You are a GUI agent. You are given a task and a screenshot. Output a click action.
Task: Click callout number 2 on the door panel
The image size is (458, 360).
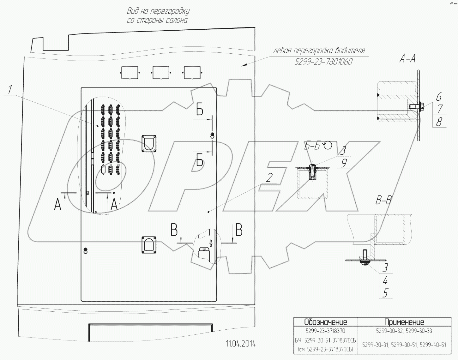269,178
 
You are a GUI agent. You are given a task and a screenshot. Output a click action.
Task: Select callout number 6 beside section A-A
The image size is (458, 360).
439,97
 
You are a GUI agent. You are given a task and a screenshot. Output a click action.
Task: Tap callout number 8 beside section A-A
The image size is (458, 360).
439,122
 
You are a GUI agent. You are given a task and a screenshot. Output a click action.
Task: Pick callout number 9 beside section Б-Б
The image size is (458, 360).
344,163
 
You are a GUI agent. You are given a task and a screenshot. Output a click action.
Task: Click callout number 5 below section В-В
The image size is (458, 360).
385,293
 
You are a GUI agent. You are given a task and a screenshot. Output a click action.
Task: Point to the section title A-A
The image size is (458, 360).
407,58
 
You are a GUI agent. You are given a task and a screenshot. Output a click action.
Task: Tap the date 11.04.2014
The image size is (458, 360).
240,344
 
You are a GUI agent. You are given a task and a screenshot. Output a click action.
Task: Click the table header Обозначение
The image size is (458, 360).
325,322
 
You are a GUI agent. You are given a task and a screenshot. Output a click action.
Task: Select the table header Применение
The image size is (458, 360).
404,322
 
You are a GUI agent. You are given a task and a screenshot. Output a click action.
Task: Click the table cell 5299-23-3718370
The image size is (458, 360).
325,331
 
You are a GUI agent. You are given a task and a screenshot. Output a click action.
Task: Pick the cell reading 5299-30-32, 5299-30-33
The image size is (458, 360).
404,331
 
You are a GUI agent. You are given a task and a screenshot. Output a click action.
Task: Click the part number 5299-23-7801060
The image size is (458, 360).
323,62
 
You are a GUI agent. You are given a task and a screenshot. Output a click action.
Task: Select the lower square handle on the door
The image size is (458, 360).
149,244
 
